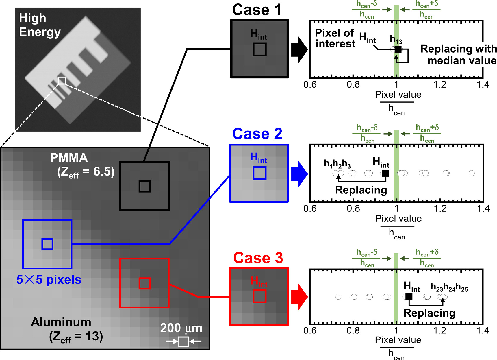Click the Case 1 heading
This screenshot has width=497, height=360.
(x=257, y=10)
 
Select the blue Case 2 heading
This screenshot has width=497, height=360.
(x=257, y=134)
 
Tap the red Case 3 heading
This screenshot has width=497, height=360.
(x=258, y=258)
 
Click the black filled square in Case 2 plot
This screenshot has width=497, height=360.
(x=385, y=173)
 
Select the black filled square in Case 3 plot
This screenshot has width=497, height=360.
(x=409, y=297)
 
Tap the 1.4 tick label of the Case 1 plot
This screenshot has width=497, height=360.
(x=483, y=84)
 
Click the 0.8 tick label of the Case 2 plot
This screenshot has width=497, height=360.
(x=353, y=208)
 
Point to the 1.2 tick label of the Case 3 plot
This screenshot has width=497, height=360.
(x=440, y=331)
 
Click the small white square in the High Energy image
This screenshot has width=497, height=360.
(x=62, y=80)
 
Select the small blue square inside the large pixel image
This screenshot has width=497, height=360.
(x=47, y=244)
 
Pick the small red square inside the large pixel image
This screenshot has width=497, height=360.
(x=144, y=283)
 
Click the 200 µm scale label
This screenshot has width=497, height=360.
(x=181, y=328)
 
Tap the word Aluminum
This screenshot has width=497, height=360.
(x=61, y=322)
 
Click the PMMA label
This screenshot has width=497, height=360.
(x=69, y=158)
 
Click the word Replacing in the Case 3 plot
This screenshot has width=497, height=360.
(x=429, y=313)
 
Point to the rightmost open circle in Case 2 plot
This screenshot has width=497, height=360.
(x=472, y=173)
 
